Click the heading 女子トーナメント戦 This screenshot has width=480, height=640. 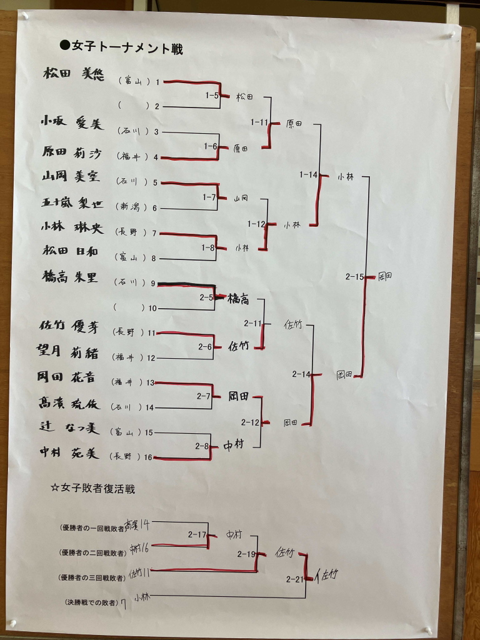pyautogui.click(x=121, y=48)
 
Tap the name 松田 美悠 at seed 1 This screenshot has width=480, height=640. pyautogui.click(x=73, y=74)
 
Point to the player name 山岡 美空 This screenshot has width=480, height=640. pyautogui.click(x=71, y=177)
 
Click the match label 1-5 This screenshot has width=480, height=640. pyautogui.click(x=212, y=96)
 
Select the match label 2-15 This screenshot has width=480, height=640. pyautogui.click(x=354, y=276)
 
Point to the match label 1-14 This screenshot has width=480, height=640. pyautogui.click(x=309, y=175)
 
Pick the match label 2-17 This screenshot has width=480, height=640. pyautogui.click(x=197, y=534)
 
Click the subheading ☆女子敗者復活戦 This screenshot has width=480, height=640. pyautogui.click(x=93, y=487)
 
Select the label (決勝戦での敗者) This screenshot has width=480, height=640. pyautogui.click(x=94, y=602)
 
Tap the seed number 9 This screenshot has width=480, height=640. pyautogui.click(x=153, y=283)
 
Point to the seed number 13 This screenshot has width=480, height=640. pyautogui.click(x=150, y=382)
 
